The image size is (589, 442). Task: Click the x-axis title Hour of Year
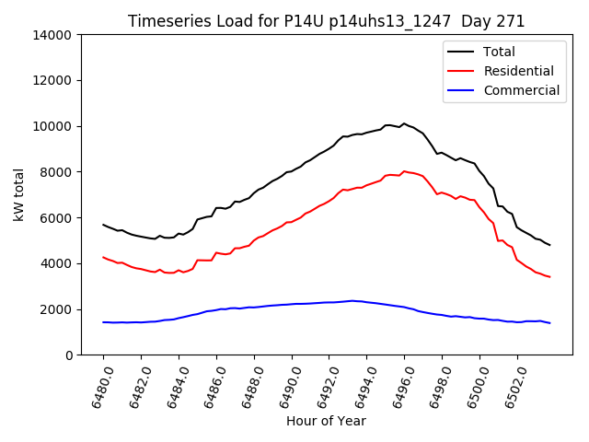[326, 421]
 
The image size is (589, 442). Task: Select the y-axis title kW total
[19, 194]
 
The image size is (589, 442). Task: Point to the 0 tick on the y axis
[69, 355]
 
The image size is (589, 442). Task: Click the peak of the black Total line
[403, 123]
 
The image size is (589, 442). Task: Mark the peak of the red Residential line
[403, 171]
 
